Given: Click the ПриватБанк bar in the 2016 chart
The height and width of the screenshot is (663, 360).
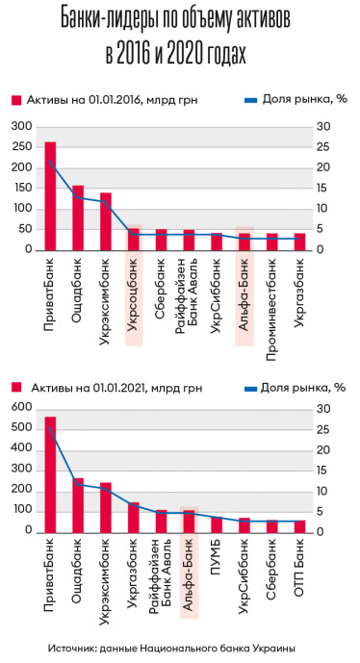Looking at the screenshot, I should click(x=50, y=196).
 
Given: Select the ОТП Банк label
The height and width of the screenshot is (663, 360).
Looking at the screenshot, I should click(x=300, y=564).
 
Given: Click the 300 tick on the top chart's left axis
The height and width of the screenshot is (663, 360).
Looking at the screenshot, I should click(x=22, y=126).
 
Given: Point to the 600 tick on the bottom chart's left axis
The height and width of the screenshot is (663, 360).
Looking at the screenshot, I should click(x=22, y=409).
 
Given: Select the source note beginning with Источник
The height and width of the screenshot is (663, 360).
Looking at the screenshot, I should click(x=179, y=647).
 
